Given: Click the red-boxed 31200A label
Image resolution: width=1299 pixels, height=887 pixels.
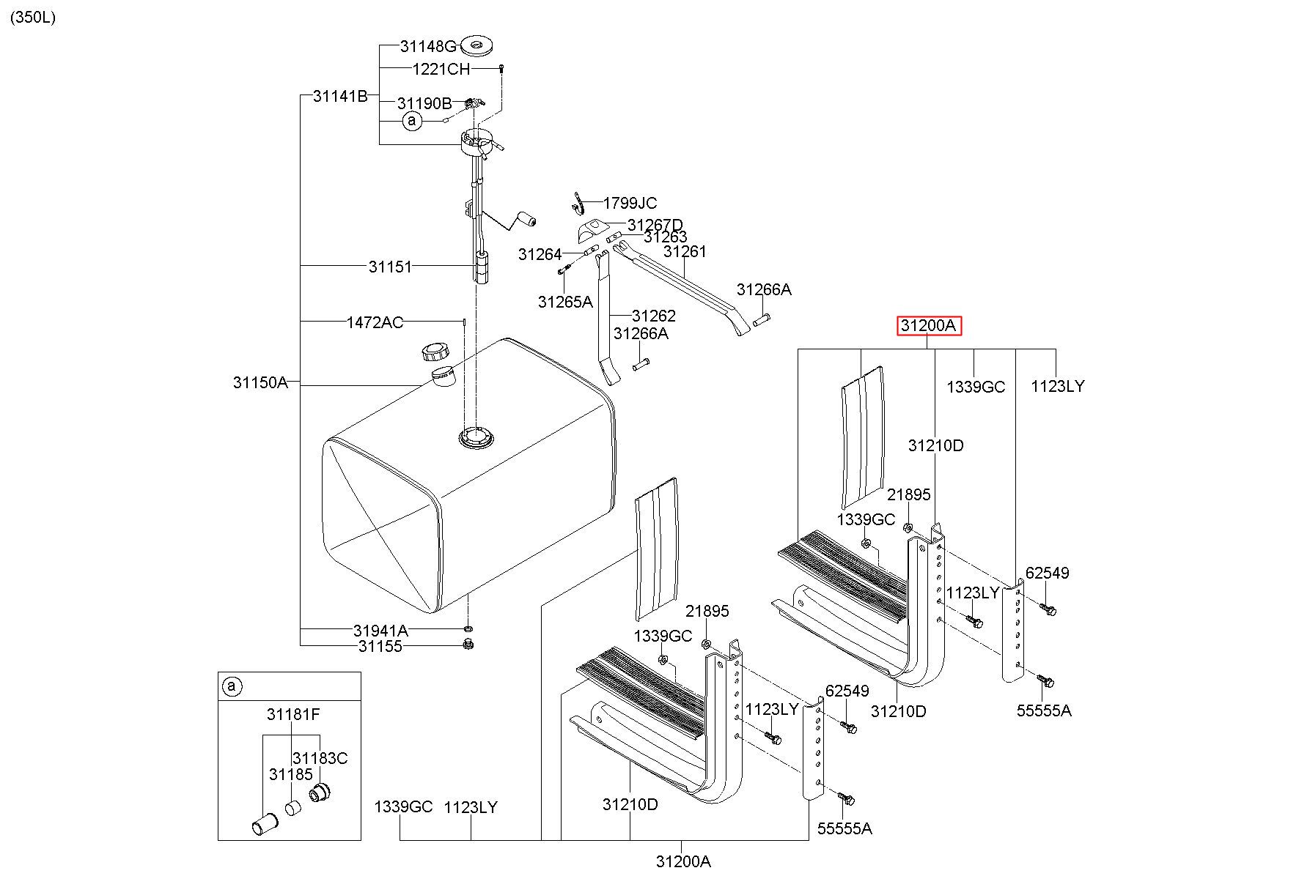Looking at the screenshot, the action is point(929,326).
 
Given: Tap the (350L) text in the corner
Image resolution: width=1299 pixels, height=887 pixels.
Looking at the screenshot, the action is point(33,18).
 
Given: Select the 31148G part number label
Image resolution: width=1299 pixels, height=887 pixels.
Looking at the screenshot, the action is point(428,47).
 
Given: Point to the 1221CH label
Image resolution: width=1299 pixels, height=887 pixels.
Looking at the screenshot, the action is point(441,70).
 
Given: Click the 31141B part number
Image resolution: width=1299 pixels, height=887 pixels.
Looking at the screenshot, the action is point(340,96).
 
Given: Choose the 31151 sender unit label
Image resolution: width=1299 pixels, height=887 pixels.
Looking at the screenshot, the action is point(390,267).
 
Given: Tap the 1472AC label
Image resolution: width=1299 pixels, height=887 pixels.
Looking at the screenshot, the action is point(375,322).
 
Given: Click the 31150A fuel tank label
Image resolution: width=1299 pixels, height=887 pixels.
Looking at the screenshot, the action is point(261,382).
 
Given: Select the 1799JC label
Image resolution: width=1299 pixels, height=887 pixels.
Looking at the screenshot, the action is point(630,203).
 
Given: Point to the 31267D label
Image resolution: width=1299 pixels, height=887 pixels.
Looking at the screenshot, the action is point(655,225).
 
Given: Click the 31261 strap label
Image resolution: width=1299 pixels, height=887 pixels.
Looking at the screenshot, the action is point(685,252).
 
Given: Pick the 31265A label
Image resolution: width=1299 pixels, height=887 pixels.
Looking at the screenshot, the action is point(565,302).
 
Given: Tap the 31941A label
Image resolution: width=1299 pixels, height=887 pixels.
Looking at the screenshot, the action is point(380,631).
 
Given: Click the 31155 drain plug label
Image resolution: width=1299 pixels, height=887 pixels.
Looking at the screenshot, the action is point(380,647).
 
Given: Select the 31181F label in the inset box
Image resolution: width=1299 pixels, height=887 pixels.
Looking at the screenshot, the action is point(293,715).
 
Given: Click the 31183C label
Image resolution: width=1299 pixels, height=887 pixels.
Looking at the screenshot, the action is point(320,758).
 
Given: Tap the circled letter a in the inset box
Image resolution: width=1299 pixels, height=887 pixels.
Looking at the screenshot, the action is point(232,686).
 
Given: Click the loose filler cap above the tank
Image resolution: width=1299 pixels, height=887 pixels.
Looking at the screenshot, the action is point(435,352).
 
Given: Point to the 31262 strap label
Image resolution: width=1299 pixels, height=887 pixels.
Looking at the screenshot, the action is point(654,316).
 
